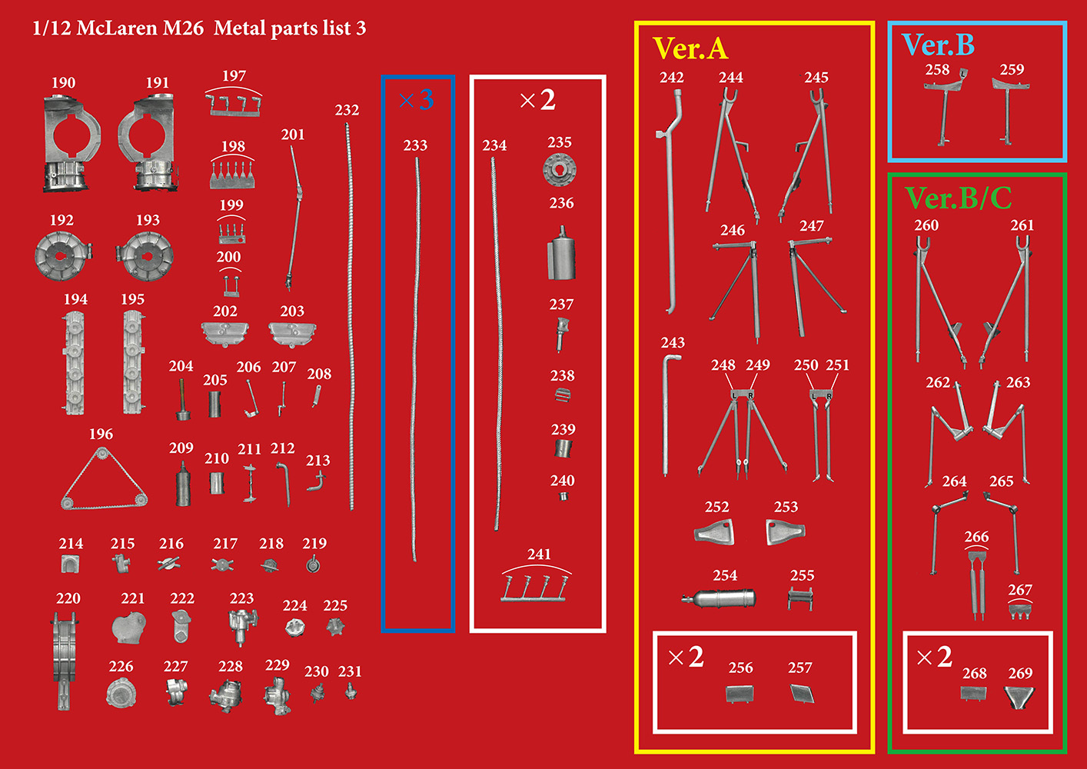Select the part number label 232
[347, 110]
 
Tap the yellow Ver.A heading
[690, 48]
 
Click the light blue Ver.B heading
[938, 45]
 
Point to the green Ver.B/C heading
[959, 198]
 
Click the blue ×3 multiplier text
[417, 100]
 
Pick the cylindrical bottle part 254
[718, 598]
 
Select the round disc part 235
[560, 169]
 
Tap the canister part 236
[561, 253]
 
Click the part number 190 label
[64, 83]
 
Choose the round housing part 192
[63, 256]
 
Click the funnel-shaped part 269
[1019, 697]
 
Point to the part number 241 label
[539, 554]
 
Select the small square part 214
[71, 564]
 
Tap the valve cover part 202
[224, 334]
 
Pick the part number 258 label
[937, 70]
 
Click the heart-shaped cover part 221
[128, 628]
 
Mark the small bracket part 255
[800, 599]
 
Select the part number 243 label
[673, 343]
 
